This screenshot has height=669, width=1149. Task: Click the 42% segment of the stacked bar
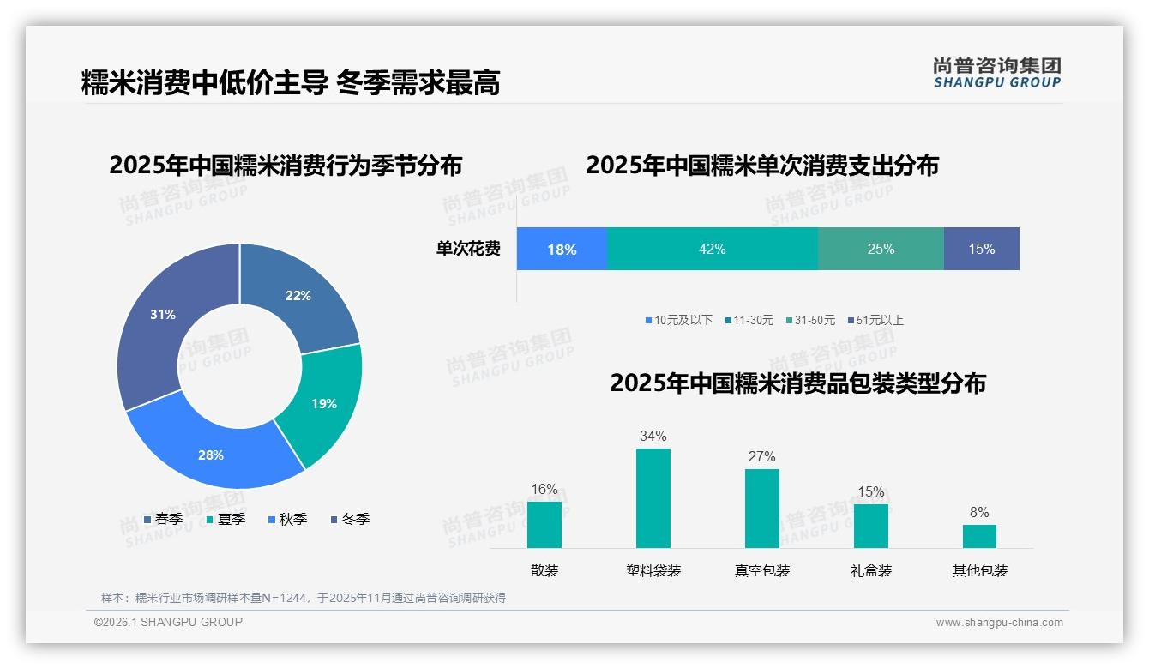[x=712, y=249]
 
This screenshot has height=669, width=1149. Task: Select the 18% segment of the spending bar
[x=562, y=249]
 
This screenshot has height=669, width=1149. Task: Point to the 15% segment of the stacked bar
[x=981, y=249]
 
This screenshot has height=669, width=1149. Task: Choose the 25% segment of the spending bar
[x=881, y=249]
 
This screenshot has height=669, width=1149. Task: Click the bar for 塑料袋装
[x=653, y=497]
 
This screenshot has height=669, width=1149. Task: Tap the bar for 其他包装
[x=979, y=536]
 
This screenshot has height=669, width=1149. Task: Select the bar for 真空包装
[x=761, y=508]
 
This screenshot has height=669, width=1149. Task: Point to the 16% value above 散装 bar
[x=544, y=490]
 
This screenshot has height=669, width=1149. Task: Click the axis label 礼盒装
[x=871, y=570]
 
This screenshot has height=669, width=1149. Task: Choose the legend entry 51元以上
[x=875, y=321]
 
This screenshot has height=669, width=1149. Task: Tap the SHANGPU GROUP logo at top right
[x=997, y=73]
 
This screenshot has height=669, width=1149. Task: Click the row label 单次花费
[x=468, y=250]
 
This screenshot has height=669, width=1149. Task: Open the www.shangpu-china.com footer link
[x=999, y=623]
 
